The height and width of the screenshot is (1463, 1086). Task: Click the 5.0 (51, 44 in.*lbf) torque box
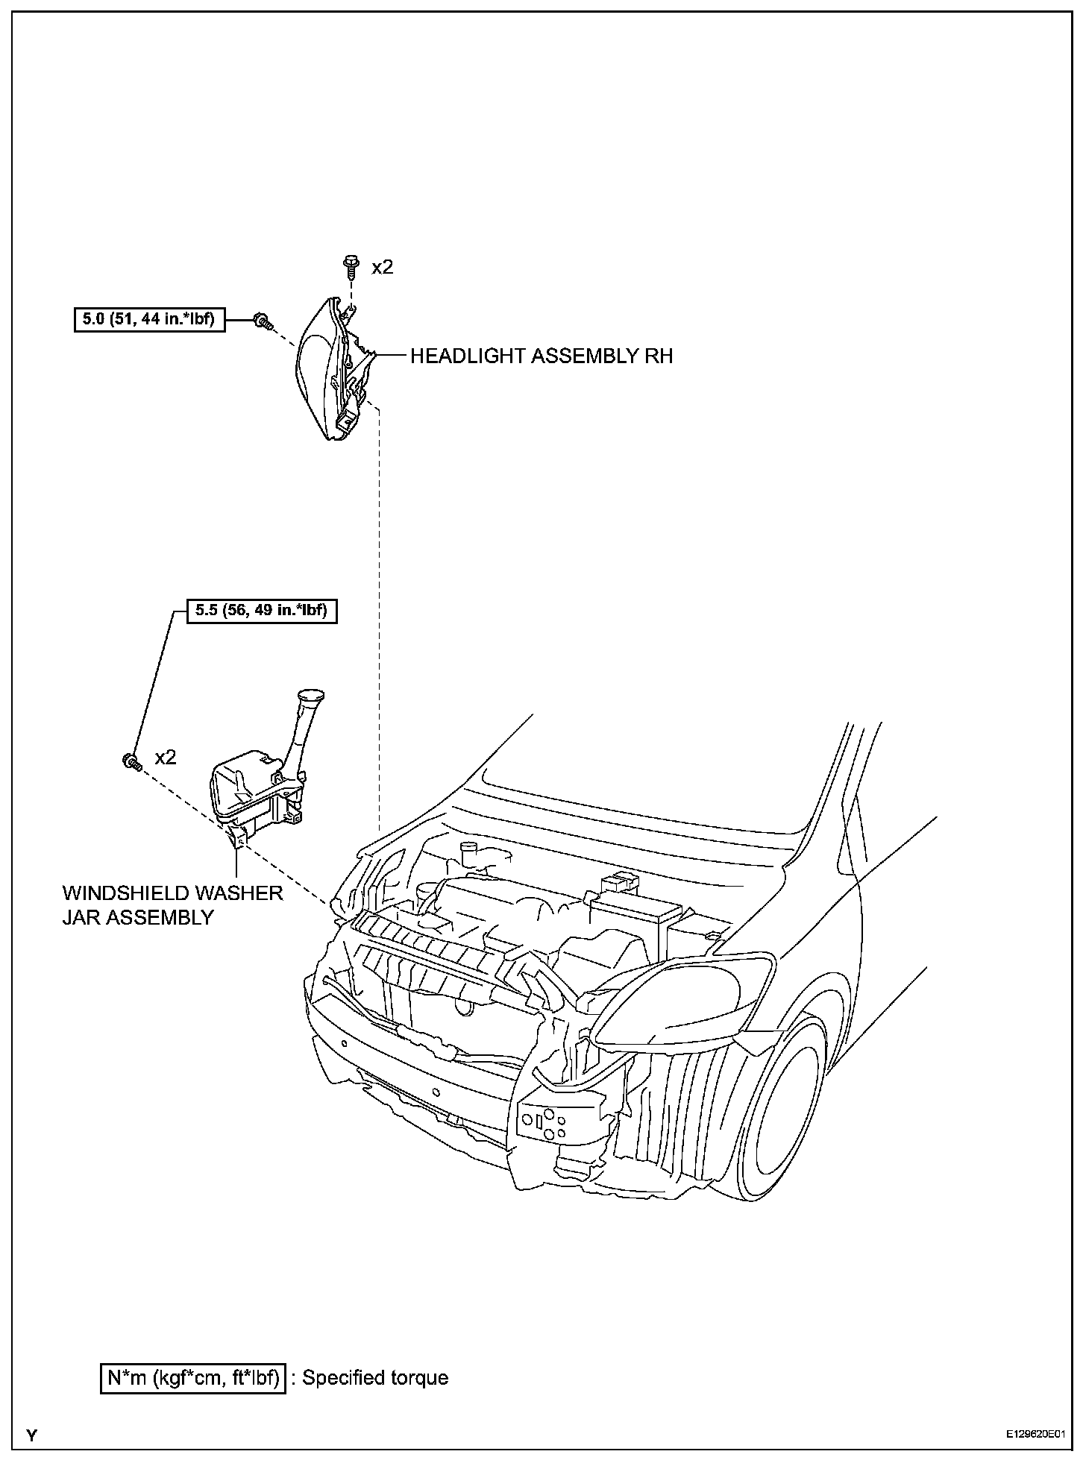click(149, 320)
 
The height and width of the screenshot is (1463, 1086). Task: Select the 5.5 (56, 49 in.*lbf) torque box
click(261, 611)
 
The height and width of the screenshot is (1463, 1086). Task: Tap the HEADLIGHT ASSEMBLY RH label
click(542, 356)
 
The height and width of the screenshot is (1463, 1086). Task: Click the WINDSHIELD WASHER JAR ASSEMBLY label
click(172, 904)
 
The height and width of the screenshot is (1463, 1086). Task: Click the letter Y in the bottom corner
click(31, 1435)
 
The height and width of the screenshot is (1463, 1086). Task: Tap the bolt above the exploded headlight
click(351, 266)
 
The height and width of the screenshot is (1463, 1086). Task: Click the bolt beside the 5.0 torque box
click(261, 321)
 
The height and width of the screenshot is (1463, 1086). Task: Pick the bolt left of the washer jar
click(131, 761)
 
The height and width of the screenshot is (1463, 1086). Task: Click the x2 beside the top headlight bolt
click(382, 267)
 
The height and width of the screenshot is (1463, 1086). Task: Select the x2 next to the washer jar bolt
click(166, 758)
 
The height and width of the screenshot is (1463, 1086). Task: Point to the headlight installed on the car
click(682, 999)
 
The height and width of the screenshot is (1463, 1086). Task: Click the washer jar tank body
click(246, 790)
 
